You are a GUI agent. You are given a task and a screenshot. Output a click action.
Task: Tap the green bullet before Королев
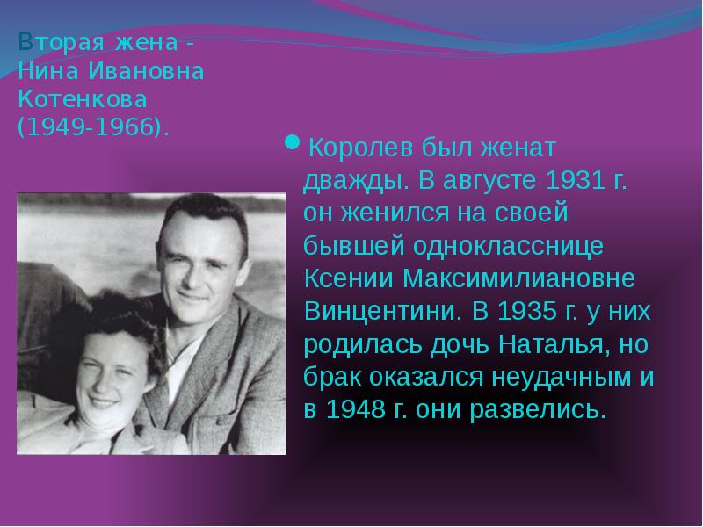(293, 142)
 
